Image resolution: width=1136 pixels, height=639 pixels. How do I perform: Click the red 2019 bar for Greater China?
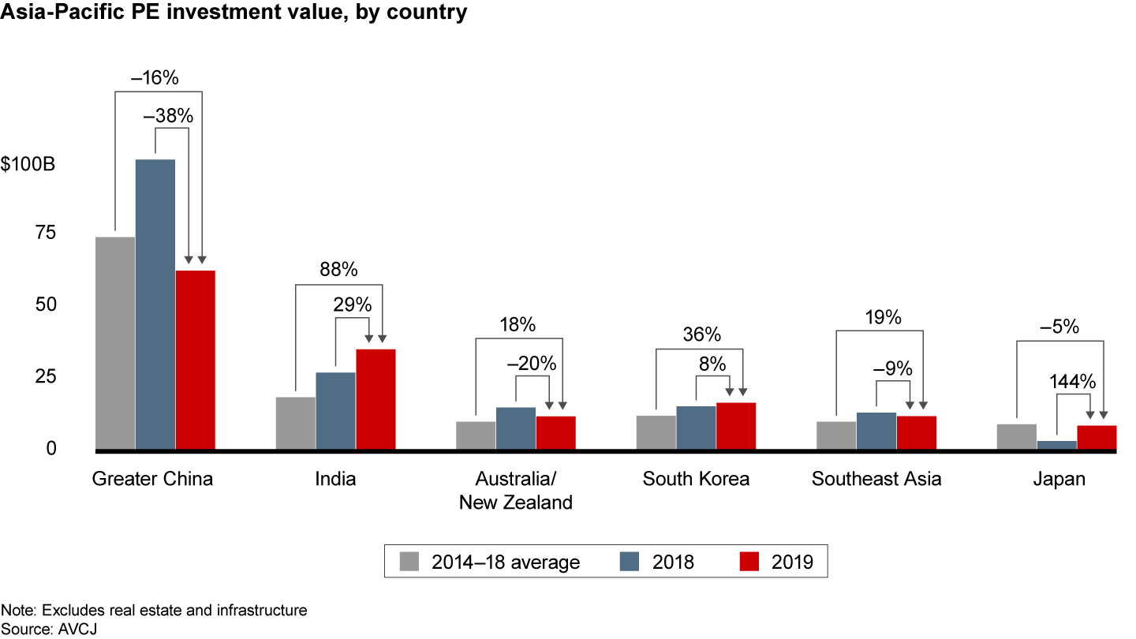coord(195,360)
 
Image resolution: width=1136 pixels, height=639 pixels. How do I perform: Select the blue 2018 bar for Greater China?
coord(155,305)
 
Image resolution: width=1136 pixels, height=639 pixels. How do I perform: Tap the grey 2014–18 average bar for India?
coord(295,423)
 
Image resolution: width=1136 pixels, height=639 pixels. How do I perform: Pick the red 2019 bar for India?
coord(376,399)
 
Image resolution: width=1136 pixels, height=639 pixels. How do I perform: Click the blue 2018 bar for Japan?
coord(1056,445)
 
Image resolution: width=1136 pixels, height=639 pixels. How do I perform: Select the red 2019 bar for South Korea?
coord(736,426)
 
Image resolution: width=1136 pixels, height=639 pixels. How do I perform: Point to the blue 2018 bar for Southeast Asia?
coord(876,431)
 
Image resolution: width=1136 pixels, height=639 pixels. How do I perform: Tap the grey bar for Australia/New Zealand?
coord(476,435)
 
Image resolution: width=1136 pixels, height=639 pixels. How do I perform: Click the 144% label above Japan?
coord(1072,382)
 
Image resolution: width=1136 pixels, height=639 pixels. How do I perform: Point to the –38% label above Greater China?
coord(168,116)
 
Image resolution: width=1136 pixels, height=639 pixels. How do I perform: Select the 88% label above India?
coord(338,270)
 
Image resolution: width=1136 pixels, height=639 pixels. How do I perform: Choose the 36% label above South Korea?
coord(702,334)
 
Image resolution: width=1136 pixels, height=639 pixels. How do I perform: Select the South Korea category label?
coord(696,479)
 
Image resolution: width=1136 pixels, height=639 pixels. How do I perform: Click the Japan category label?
coord(1059,479)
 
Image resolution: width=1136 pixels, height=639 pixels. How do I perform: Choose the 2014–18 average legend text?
coord(506,562)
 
